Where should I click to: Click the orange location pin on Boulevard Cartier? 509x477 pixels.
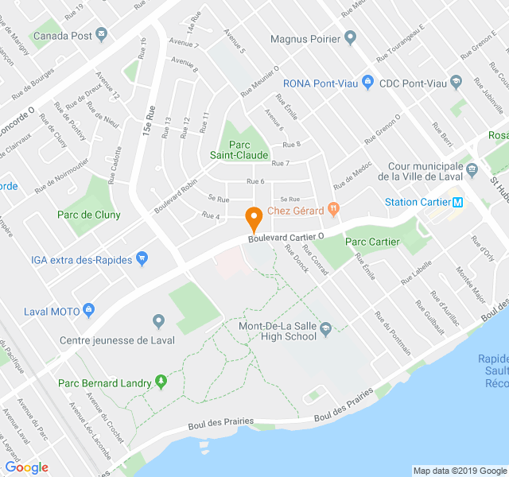pos(254,215)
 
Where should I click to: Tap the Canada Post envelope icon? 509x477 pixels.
pos(101,34)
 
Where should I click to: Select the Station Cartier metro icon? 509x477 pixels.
pos(458,202)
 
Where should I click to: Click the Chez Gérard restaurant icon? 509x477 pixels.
pos(333,210)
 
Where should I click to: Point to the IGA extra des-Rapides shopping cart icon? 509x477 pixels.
pos(142,258)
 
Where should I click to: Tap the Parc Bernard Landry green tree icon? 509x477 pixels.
pos(161,382)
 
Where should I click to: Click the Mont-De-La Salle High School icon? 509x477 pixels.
pos(325,324)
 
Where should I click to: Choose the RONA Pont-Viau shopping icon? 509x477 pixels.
pos(367,82)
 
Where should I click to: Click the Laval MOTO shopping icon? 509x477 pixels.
pos(89,310)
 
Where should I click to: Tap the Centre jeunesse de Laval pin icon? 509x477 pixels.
pos(158,320)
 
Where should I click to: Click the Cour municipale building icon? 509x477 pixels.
pos(472,169)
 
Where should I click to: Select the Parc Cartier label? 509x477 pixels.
pos(372,242)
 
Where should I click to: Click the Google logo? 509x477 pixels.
pos(26,467)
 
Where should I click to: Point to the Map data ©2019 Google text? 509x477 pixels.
pos(459,471)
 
